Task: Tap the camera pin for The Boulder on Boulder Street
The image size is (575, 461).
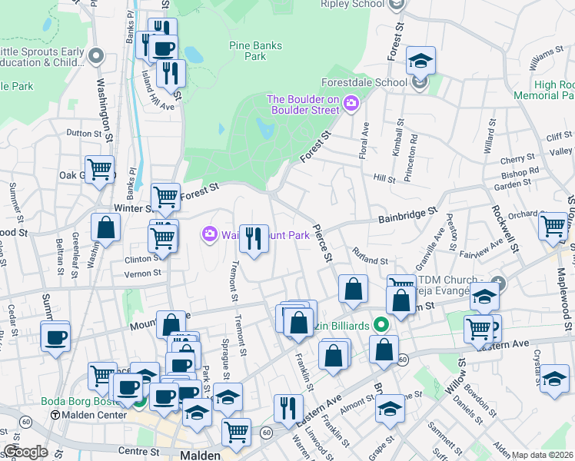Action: [351, 102]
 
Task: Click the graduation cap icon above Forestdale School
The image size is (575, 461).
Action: [420, 60]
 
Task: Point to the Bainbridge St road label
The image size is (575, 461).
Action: [407, 214]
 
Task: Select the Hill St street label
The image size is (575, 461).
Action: [384, 178]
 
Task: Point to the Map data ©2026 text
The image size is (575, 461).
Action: [541, 455]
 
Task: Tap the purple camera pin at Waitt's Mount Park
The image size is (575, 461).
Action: [208, 234]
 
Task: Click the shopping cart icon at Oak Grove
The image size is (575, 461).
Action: [99, 168]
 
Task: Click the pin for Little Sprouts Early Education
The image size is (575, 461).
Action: [96, 55]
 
